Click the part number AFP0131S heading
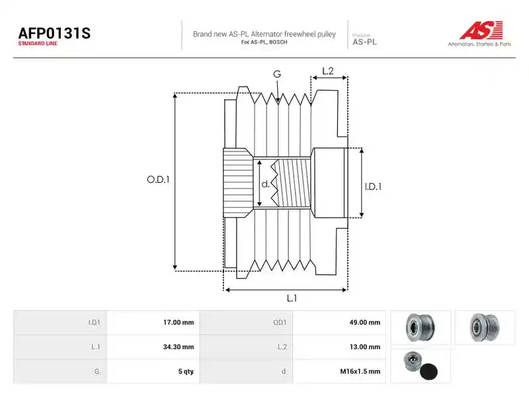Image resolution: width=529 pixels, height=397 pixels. pyautogui.click(x=54, y=33)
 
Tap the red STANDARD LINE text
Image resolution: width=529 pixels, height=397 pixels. pyautogui.click(x=38, y=44)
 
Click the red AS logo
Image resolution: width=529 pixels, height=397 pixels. pyautogui.click(x=481, y=30)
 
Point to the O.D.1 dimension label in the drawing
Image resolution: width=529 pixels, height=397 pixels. pyautogui.click(x=158, y=179)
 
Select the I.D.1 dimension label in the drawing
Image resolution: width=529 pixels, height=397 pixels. pyautogui.click(x=373, y=187)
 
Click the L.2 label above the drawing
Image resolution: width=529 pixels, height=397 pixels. pyautogui.click(x=327, y=71)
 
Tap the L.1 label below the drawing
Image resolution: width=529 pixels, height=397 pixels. pyautogui.click(x=292, y=298)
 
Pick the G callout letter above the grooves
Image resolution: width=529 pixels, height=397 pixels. pyautogui.click(x=277, y=74)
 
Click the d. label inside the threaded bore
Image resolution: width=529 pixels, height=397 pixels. pyautogui.click(x=266, y=184)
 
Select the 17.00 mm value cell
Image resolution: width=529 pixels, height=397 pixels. pyautogui.click(x=153, y=322)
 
